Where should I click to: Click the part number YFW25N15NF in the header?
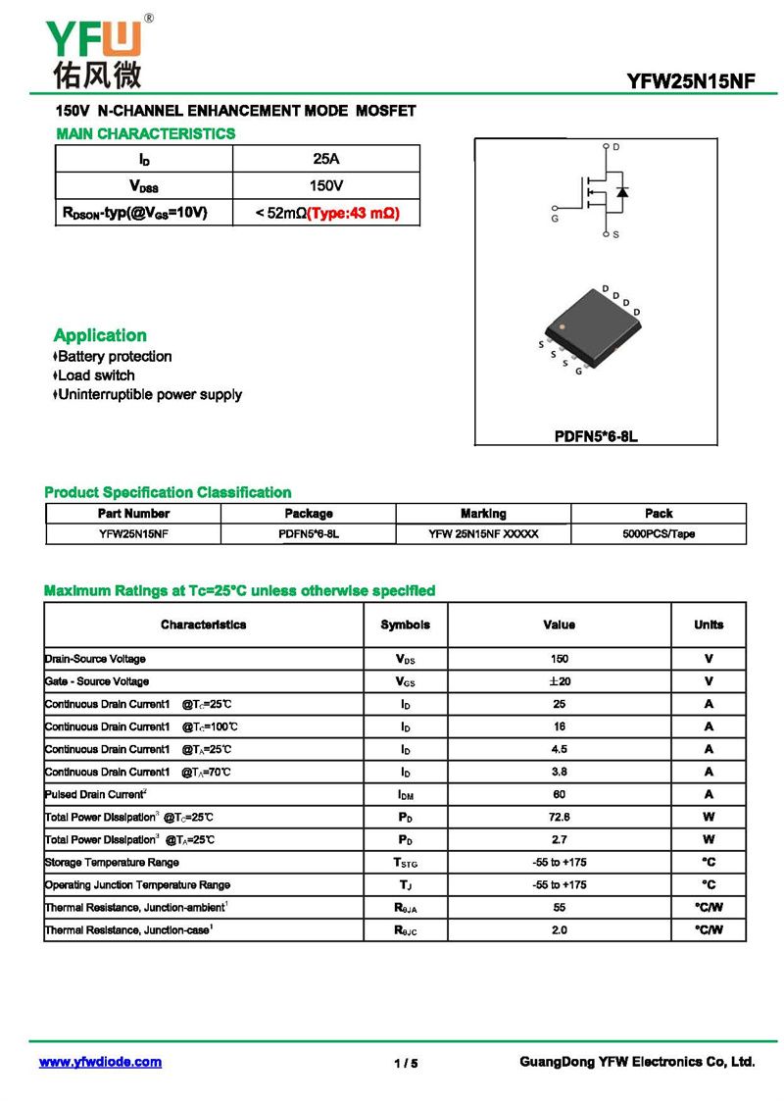click(x=692, y=82)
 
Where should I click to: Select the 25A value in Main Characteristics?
click(x=325, y=159)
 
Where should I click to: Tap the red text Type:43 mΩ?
click(x=354, y=213)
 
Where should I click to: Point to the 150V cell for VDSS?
click(x=325, y=185)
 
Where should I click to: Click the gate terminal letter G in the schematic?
click(x=555, y=219)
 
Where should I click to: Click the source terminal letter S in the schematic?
click(x=615, y=235)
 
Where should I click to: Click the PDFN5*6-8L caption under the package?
click(x=596, y=435)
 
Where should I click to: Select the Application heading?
click(x=100, y=335)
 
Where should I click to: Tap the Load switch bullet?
click(x=95, y=375)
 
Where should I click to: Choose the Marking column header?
click(x=483, y=514)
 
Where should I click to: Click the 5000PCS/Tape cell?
click(x=659, y=534)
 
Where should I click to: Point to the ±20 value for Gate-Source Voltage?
click(x=559, y=681)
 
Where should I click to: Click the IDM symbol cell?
click(x=405, y=795)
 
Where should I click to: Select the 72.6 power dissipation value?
click(x=559, y=817)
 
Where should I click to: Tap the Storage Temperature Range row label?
click(x=112, y=863)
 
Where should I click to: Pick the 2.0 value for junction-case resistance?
click(x=559, y=930)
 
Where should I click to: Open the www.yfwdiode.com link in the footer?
click(x=100, y=1062)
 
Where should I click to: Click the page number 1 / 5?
click(x=406, y=1064)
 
